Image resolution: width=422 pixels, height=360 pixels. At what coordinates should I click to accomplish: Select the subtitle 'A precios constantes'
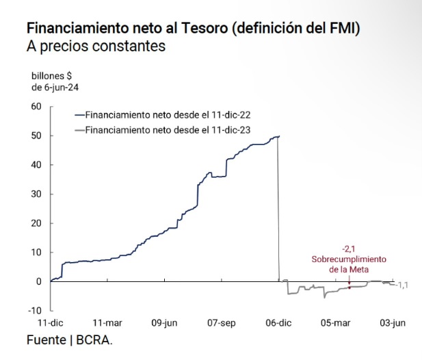[x=96, y=47]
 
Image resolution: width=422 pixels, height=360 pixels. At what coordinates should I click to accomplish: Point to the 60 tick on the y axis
[x=36, y=106]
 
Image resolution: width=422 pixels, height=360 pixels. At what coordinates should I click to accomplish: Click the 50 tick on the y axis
[x=36, y=136]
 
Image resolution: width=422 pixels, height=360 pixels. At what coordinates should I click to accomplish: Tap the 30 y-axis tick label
[x=36, y=194]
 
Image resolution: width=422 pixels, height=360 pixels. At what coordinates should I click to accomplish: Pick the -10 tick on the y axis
[x=34, y=310]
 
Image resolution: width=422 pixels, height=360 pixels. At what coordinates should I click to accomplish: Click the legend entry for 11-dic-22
[x=168, y=116]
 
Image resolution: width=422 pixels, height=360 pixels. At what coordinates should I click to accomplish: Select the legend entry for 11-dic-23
[x=168, y=129]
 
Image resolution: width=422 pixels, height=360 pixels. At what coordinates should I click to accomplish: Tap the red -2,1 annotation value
[x=350, y=248]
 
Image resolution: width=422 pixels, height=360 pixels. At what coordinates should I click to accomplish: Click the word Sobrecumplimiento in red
[x=349, y=259]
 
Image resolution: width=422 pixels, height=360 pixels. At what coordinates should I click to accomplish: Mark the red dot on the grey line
[x=350, y=287]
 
